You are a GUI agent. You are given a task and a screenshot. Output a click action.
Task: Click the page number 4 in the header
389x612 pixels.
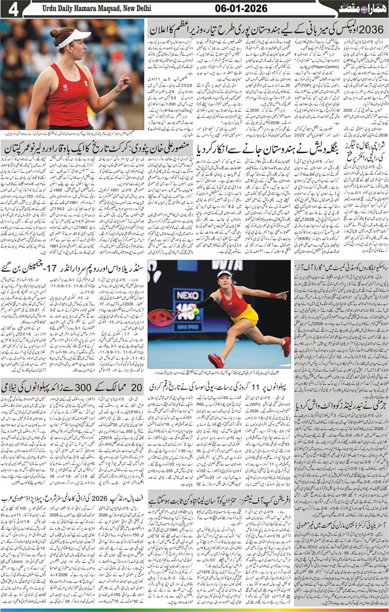pyautogui.click(x=13, y=9)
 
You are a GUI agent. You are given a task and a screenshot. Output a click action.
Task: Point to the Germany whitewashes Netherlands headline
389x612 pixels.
pyautogui.click(x=347, y=403)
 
